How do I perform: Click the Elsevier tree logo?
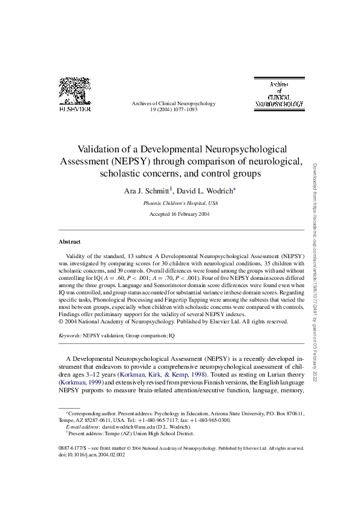(75, 91)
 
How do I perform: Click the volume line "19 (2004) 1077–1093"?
(174, 110)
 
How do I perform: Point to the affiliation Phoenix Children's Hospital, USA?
(180, 204)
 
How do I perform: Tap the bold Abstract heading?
(70, 242)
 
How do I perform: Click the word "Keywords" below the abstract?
(69, 335)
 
